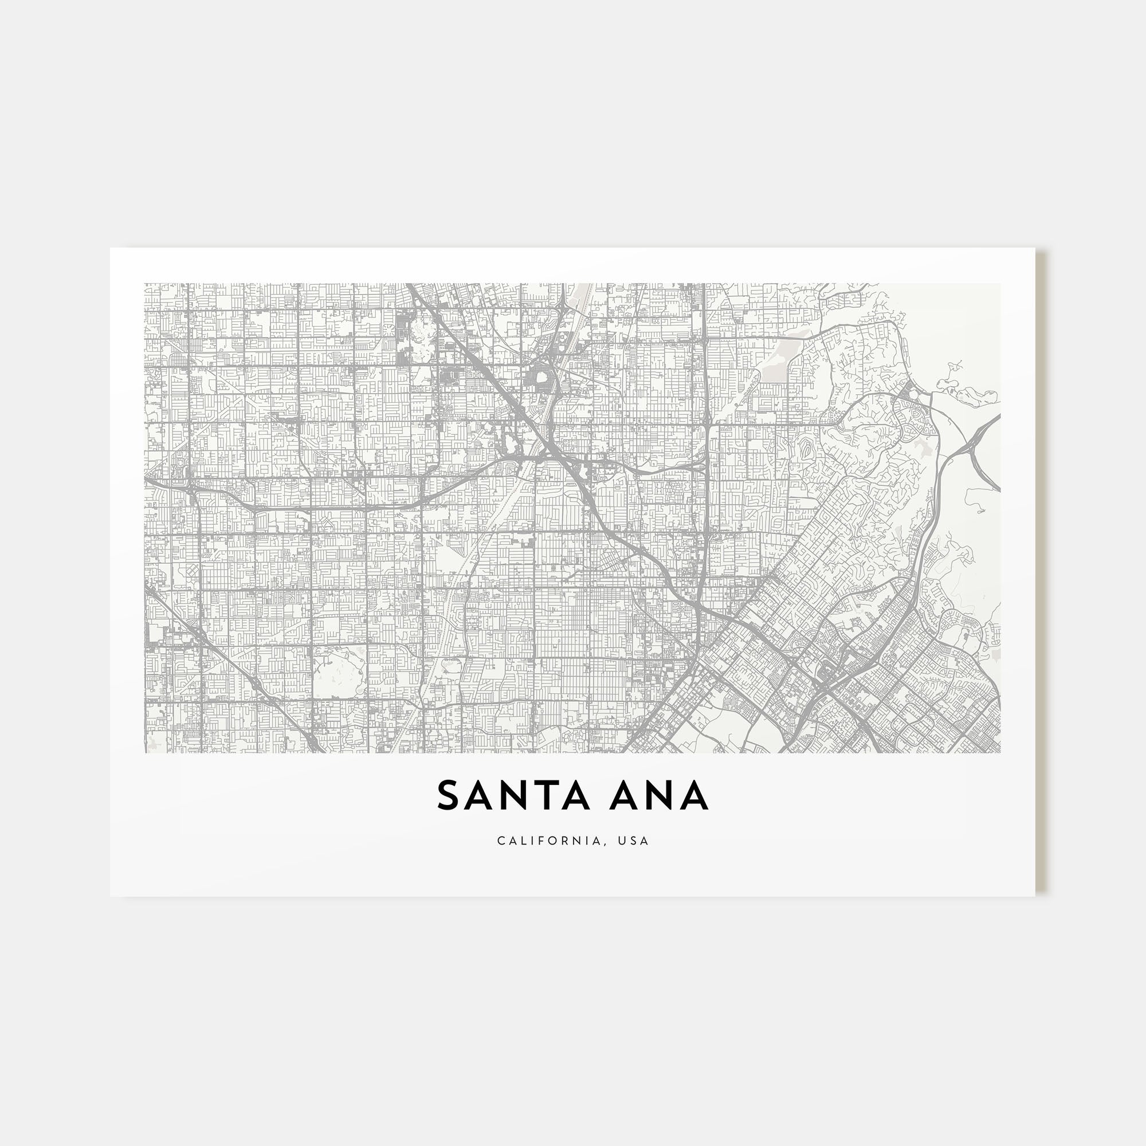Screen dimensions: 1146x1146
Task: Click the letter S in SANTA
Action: (449, 795)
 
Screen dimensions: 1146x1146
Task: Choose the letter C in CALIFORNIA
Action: (501, 841)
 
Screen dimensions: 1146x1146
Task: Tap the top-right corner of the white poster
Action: (1035, 249)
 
